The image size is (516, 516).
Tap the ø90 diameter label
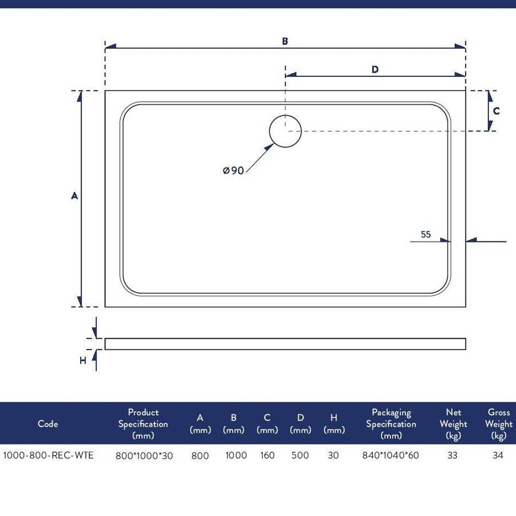click(x=233, y=170)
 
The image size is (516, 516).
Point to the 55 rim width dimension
click(x=425, y=234)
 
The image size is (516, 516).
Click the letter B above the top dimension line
click(x=285, y=41)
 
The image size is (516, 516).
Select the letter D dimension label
click(x=375, y=69)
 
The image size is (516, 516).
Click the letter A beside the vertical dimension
click(x=75, y=196)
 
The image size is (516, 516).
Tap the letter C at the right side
click(x=497, y=111)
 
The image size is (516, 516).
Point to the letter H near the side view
click(x=83, y=361)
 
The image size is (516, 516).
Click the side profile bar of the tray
click(x=285, y=344)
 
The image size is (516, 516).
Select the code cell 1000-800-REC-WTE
click(x=48, y=455)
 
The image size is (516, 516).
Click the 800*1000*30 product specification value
click(x=144, y=456)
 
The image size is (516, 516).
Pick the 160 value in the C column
click(x=267, y=455)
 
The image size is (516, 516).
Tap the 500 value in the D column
click(x=300, y=455)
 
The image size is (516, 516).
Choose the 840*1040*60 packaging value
click(x=390, y=455)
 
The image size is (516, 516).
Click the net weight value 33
click(x=452, y=455)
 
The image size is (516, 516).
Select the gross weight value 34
click(x=498, y=455)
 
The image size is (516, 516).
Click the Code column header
click(x=48, y=424)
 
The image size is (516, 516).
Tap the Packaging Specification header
click(x=391, y=424)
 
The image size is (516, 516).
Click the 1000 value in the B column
click(x=236, y=455)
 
